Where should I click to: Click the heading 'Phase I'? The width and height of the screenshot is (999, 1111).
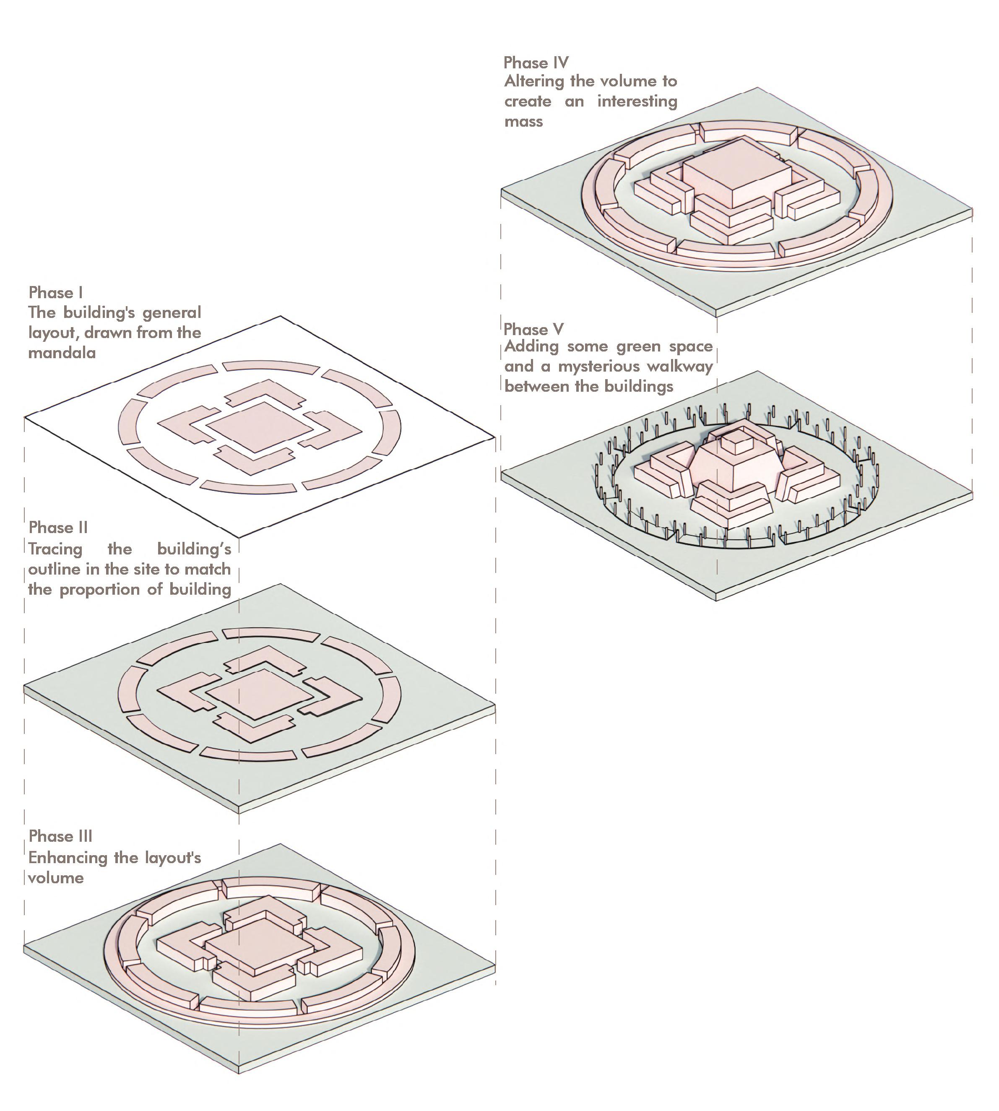(x=55, y=293)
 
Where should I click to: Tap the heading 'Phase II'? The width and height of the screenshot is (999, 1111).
(x=58, y=528)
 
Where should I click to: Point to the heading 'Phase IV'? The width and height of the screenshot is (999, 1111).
(x=536, y=62)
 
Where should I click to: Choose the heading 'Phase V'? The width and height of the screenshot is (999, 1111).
(x=533, y=329)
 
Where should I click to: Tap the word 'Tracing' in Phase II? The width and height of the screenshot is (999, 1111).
(x=55, y=549)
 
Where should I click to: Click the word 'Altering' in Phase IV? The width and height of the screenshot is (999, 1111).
(x=534, y=81)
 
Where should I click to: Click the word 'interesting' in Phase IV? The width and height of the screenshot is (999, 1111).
(x=637, y=101)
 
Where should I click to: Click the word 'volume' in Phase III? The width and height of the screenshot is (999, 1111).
(x=56, y=878)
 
